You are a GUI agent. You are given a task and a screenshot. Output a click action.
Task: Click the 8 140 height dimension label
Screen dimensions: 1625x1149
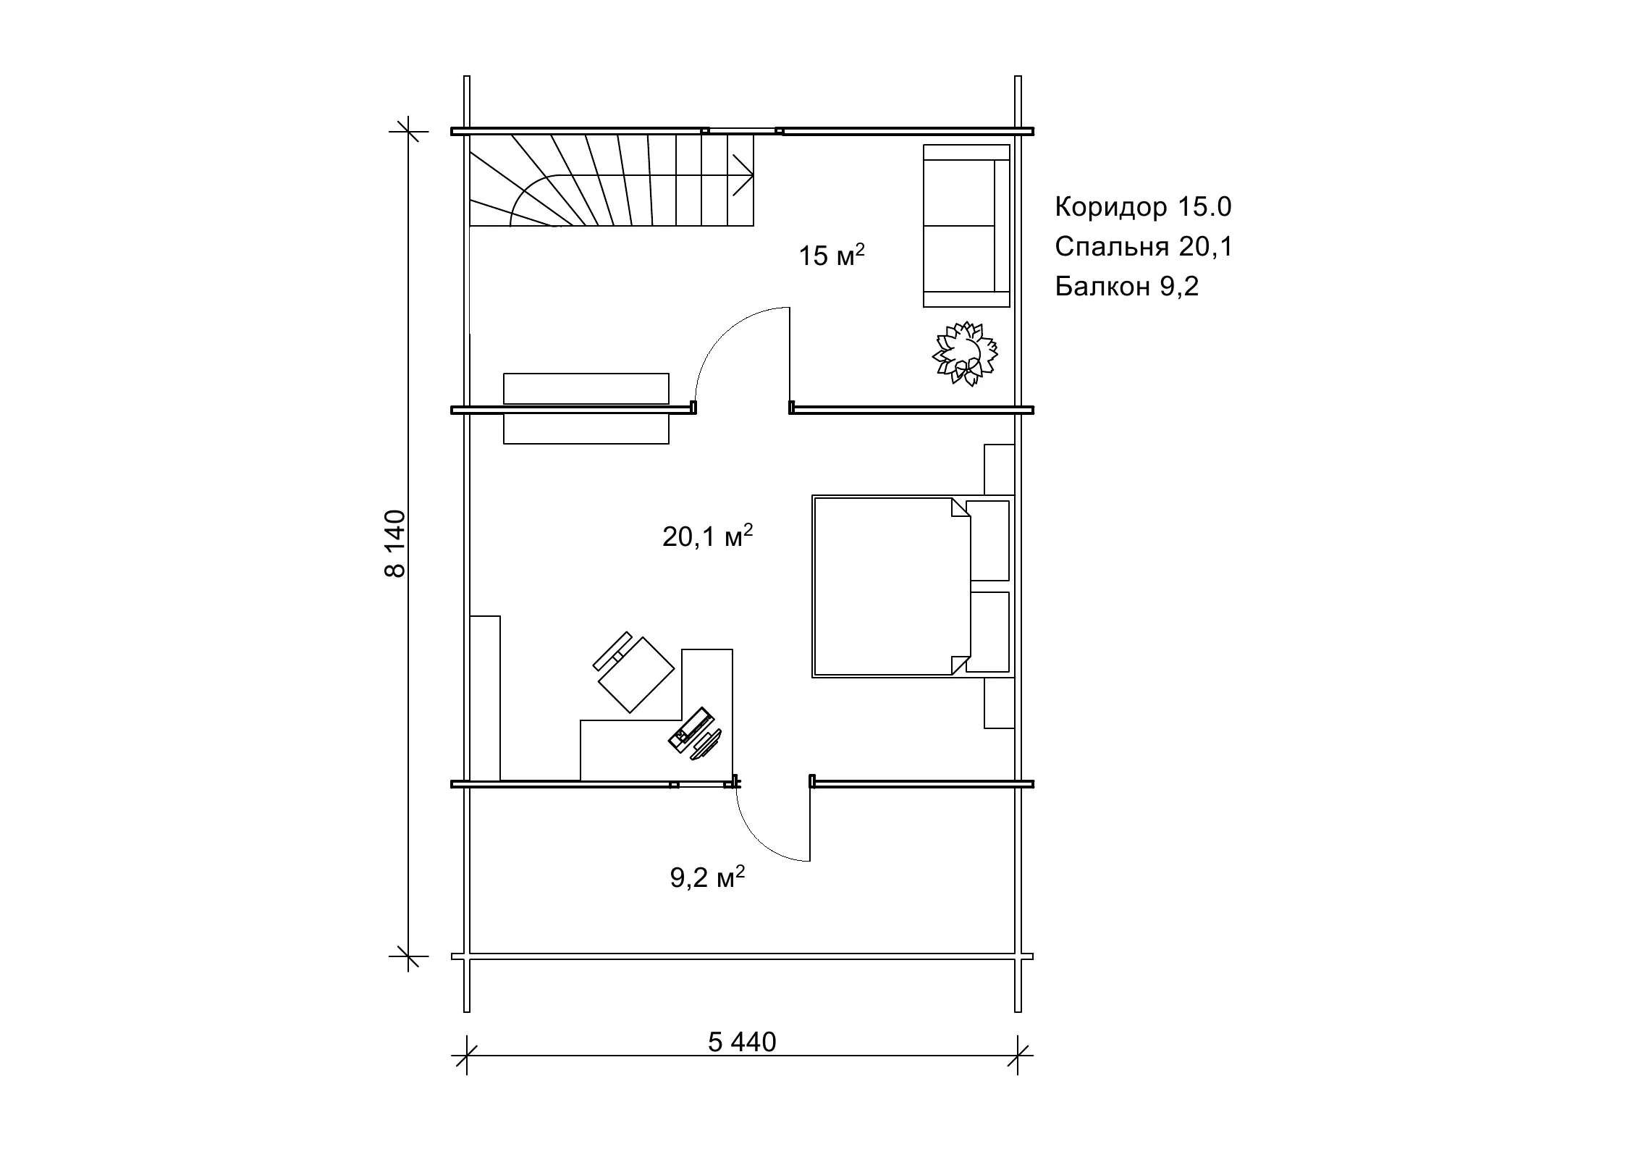tap(395, 544)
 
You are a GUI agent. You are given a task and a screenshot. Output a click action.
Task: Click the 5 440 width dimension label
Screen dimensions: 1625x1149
tap(742, 1042)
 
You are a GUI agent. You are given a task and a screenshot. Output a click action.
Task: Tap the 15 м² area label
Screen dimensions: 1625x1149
tap(832, 255)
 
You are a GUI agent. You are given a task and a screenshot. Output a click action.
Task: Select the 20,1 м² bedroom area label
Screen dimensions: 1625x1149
tap(708, 536)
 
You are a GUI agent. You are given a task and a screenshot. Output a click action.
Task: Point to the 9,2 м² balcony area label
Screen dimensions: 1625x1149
tap(707, 877)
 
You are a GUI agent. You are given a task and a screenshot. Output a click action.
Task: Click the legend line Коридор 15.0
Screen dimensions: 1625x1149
tap(1143, 207)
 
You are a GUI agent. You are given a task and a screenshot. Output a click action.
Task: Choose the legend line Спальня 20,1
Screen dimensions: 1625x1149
tap(1144, 247)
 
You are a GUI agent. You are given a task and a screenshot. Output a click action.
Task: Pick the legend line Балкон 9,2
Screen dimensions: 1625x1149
tap(1126, 287)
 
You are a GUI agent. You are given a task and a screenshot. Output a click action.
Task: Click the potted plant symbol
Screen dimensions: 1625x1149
tap(965, 354)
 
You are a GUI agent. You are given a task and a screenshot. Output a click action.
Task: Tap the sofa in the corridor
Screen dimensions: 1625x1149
tap(966, 226)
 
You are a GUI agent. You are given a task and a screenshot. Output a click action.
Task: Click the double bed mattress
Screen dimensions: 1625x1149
tap(891, 586)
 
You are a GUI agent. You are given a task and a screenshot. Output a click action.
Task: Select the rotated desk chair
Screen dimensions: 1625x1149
tap(633, 673)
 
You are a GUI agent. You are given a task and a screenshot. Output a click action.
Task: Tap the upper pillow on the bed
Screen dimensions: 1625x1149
tap(988, 540)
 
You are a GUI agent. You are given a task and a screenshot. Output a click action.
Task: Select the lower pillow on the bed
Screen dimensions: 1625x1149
tap(988, 632)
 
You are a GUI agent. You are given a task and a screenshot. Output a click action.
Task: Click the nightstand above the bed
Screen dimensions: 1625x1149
tap(999, 470)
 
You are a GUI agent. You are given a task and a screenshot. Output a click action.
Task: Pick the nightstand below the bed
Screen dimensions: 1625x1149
tap(999, 703)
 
